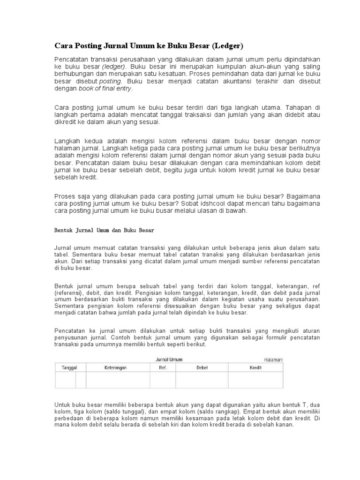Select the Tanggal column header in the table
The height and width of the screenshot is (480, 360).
click(x=69, y=368)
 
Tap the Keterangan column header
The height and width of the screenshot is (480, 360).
click(x=115, y=368)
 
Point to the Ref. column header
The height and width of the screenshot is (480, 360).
click(x=163, y=368)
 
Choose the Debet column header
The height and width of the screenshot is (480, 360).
click(x=202, y=368)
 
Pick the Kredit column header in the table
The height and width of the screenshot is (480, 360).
click(x=255, y=368)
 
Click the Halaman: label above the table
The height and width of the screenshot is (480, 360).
click(x=274, y=360)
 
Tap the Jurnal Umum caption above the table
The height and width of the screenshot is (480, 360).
click(x=169, y=360)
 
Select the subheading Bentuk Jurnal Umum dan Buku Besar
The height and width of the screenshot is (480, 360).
click(x=104, y=231)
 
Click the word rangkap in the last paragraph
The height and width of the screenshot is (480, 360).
click(x=198, y=411)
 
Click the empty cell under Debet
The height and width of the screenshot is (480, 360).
click(x=202, y=380)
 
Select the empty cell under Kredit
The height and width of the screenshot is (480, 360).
click(x=255, y=380)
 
